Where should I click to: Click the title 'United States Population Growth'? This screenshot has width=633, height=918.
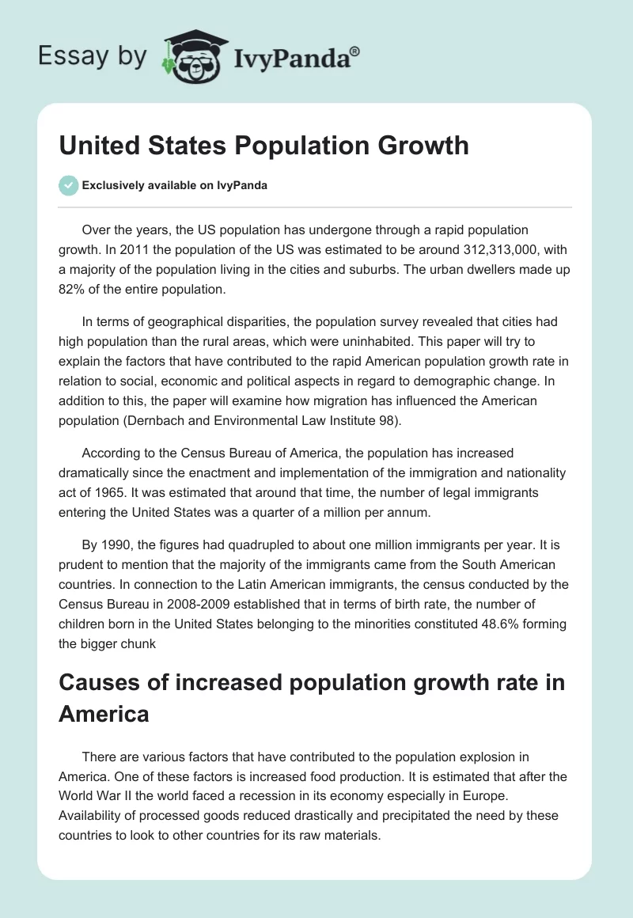[263, 146]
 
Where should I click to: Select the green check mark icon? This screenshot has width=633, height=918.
[69, 185]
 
